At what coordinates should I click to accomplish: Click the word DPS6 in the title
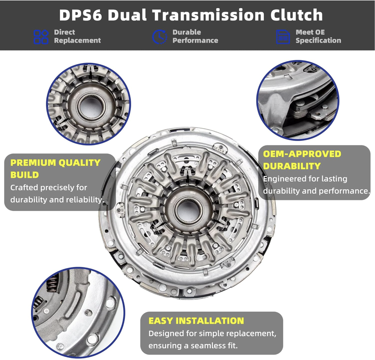81,15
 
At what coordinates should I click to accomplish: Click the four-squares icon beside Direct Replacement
41,36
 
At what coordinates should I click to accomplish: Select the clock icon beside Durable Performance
159,36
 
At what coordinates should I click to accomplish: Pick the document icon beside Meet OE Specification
283,36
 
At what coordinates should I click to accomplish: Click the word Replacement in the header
77,40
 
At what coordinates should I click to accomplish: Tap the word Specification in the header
318,40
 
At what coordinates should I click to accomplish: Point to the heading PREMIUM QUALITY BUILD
55,168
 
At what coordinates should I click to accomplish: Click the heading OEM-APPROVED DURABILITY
302,159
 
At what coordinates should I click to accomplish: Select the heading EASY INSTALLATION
196,321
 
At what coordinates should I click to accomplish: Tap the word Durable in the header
186,32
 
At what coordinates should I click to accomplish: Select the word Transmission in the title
206,15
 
